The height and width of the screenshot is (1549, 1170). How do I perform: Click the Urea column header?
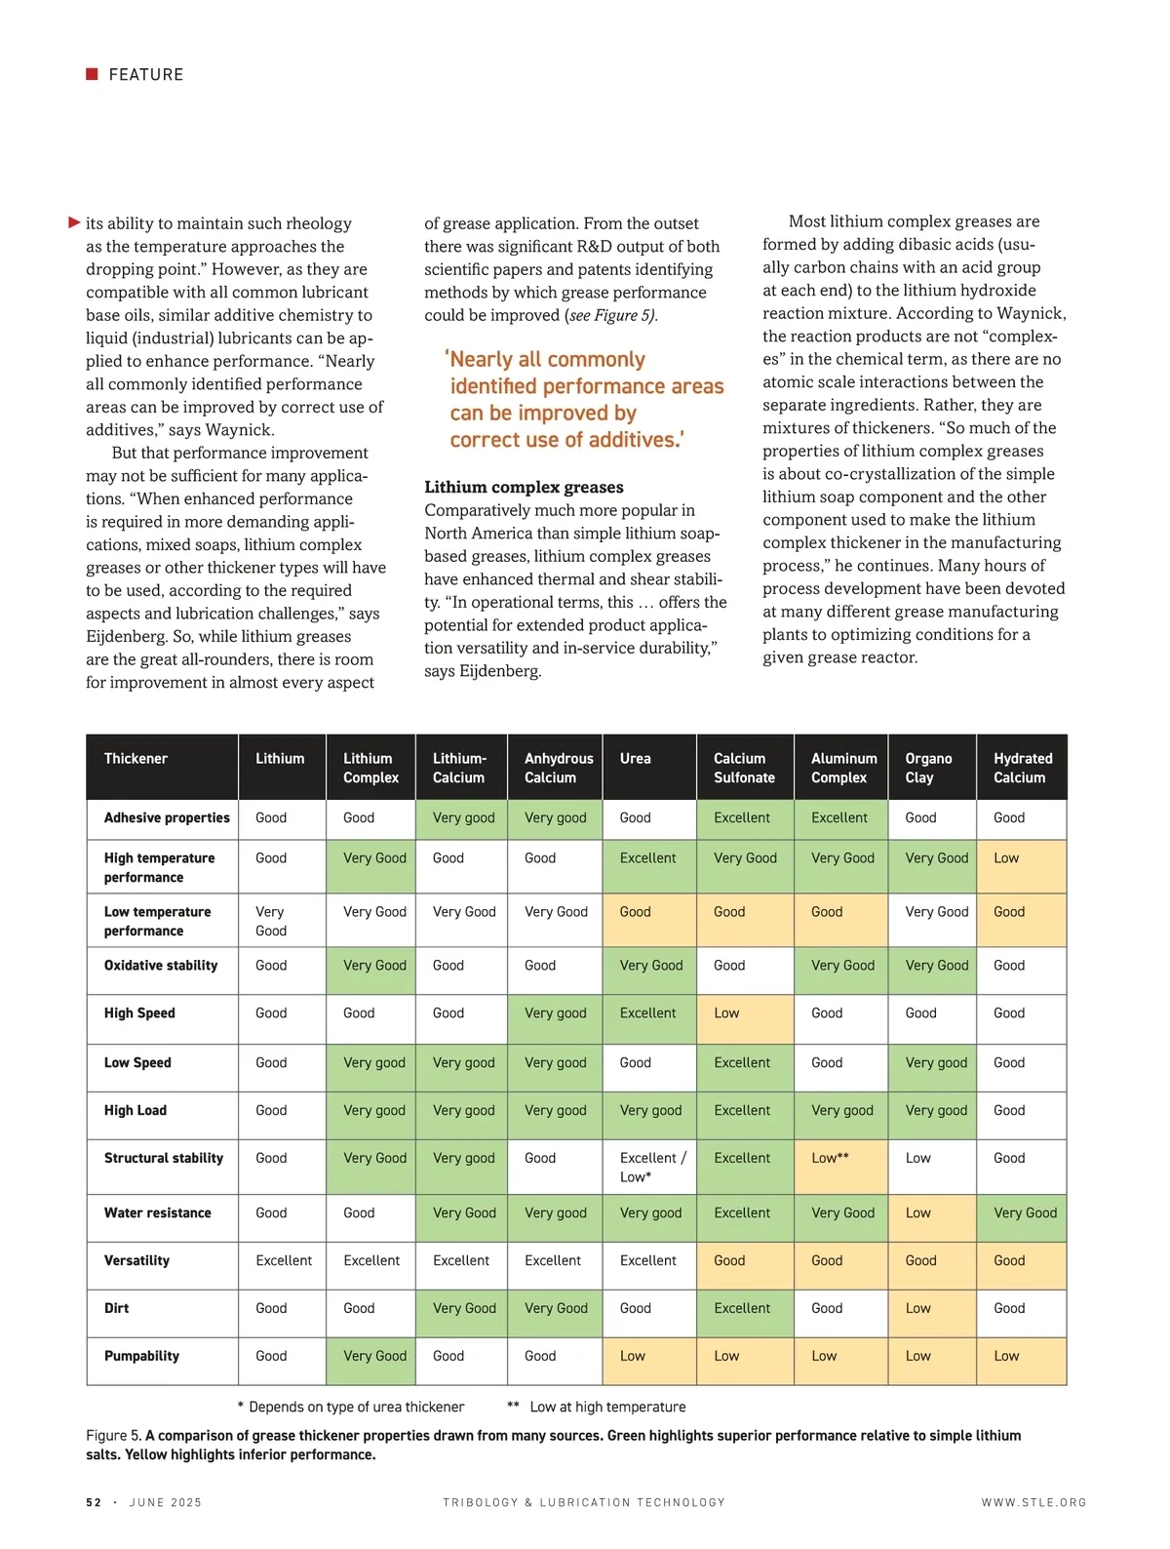636,759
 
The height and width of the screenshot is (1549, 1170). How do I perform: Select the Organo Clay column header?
928,768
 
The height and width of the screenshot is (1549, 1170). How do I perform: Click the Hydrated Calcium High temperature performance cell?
1021,865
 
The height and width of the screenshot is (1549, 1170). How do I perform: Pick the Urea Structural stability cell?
649,1167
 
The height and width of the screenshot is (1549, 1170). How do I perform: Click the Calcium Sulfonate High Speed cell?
745,1018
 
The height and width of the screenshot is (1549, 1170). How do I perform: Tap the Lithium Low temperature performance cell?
281,920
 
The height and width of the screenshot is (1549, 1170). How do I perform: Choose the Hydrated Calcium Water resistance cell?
1021,1217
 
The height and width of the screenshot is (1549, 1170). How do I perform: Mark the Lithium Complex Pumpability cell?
370,1361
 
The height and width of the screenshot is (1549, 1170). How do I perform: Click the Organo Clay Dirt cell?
931,1313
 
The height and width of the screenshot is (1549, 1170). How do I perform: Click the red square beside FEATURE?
92,74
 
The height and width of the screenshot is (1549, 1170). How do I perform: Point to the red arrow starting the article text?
74,222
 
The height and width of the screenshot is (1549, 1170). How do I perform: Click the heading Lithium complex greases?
524,487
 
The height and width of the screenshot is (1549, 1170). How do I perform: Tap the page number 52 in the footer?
94,1502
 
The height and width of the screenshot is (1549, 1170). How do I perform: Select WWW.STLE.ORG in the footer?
1033,1502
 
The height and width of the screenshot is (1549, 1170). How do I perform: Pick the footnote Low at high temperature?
607,1407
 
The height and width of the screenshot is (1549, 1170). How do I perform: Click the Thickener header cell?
136,759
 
